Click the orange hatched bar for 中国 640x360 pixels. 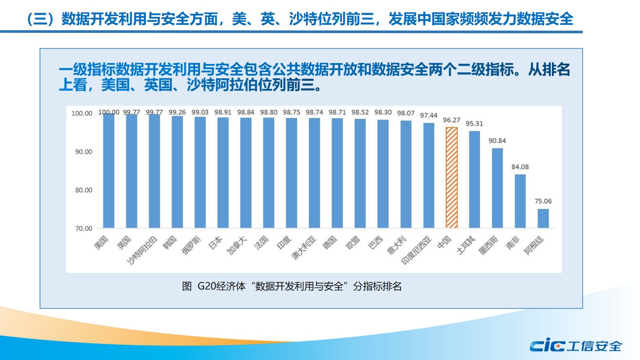[x=452, y=178]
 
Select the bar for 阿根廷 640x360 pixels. [x=543, y=218]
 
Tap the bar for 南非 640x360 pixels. [x=520, y=201]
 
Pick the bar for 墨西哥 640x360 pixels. [x=497, y=188]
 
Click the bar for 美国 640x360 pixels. [x=109, y=171]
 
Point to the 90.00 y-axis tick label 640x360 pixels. [x=82, y=152]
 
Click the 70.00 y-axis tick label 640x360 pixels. [x=82, y=228]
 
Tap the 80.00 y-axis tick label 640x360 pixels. [x=82, y=190]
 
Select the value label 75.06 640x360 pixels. [x=543, y=201]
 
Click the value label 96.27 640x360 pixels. [x=452, y=120]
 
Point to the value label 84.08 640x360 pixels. [x=520, y=167]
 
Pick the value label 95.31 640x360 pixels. [x=475, y=124]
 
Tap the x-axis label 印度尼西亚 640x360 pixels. [x=416, y=250]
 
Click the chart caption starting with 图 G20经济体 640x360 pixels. [x=292, y=286]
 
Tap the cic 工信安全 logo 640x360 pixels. [x=576, y=346]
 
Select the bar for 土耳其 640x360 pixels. [x=475, y=180]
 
